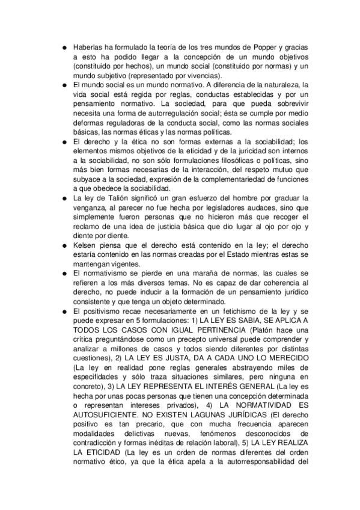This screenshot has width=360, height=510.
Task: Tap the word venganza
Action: (x=89, y=207)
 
